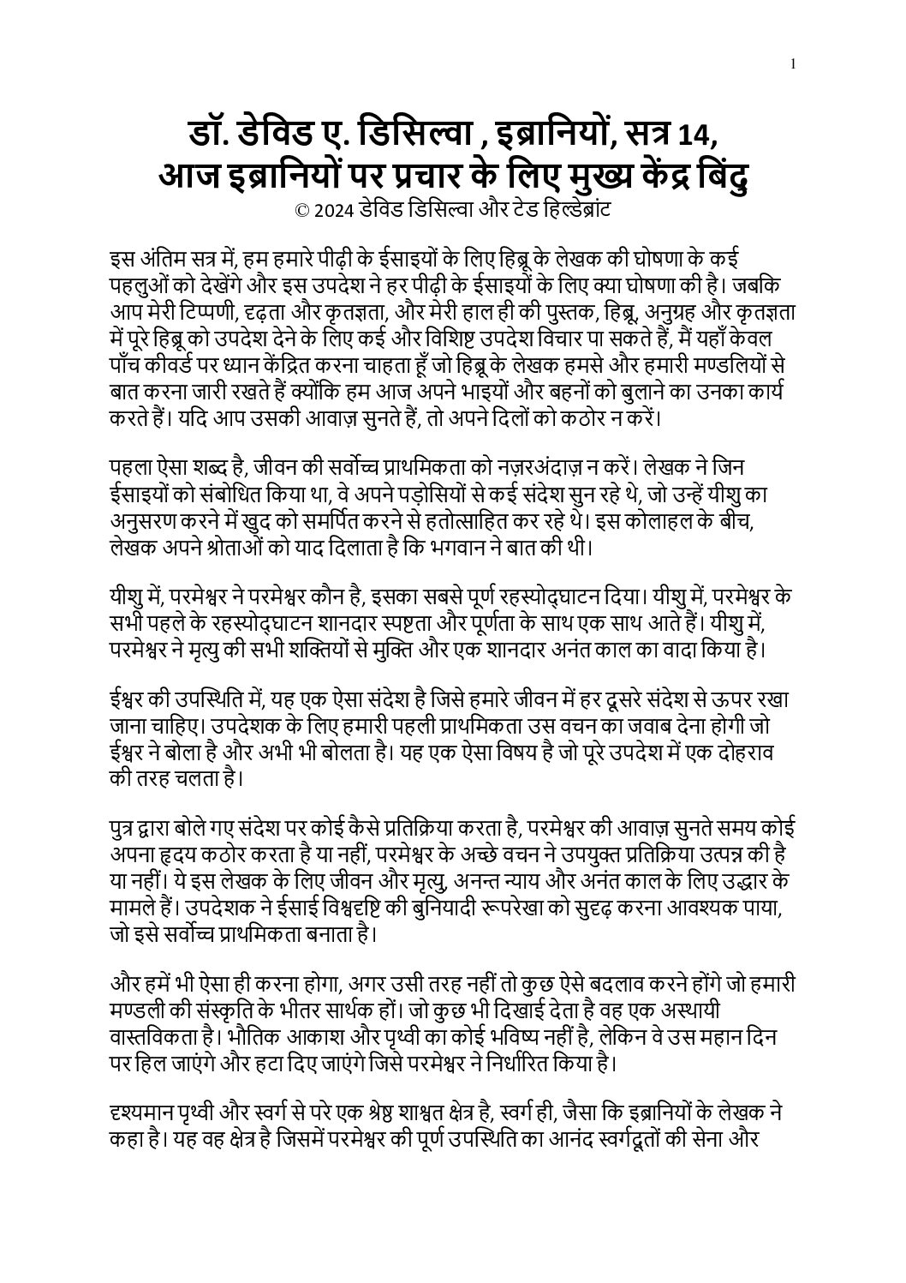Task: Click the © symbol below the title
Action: click(x=301, y=209)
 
